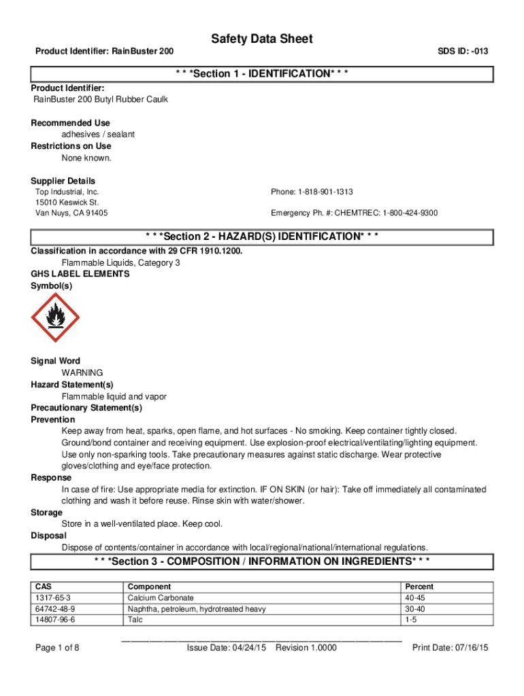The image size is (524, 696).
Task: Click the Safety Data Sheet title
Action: (x=262, y=39)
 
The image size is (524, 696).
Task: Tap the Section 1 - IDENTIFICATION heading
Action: (x=262, y=73)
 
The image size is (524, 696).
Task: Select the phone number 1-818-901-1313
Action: (x=312, y=192)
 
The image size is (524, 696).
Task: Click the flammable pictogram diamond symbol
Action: (x=56, y=317)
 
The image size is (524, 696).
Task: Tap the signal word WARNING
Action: (x=82, y=373)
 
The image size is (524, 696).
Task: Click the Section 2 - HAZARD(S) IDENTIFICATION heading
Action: (x=262, y=237)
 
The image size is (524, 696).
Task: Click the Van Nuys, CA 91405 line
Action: (x=71, y=213)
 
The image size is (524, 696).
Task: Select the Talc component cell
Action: (x=135, y=621)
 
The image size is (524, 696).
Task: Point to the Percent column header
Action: (x=419, y=587)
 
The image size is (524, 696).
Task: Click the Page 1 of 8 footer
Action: (x=58, y=648)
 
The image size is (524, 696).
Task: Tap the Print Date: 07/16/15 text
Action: (x=451, y=648)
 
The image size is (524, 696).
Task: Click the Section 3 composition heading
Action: (x=262, y=561)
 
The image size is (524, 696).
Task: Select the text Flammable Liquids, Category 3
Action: (x=120, y=262)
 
